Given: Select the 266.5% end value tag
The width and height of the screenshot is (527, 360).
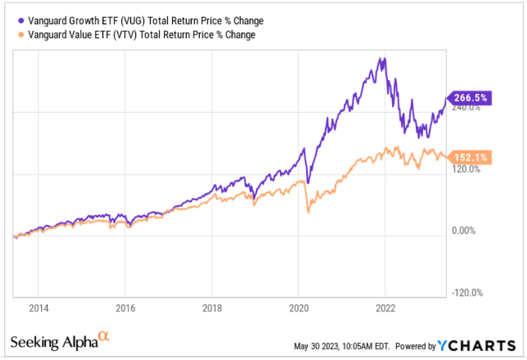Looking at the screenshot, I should pos(469,96).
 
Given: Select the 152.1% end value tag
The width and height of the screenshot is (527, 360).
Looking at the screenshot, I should pos(469,157).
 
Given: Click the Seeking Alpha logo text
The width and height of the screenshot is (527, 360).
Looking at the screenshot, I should pos(54,341).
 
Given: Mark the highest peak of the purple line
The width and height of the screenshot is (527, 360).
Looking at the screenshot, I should pos(381,58).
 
